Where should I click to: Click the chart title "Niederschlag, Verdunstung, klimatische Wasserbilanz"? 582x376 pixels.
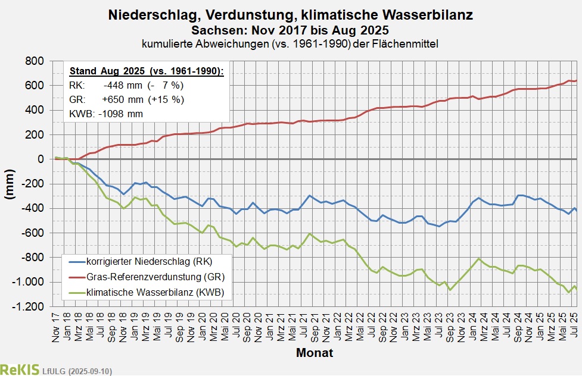(291, 15)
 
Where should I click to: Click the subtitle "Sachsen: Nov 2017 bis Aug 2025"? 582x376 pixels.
(291, 30)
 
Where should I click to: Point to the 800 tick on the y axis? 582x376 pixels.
(35, 61)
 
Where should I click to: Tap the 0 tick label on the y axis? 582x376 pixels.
(41, 159)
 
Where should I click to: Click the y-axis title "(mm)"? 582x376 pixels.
(11, 184)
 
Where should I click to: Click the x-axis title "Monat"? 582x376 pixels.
(314, 353)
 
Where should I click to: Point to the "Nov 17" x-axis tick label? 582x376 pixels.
(55, 327)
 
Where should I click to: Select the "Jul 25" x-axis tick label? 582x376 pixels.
(575, 327)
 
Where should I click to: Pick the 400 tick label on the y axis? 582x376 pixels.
(35, 110)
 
